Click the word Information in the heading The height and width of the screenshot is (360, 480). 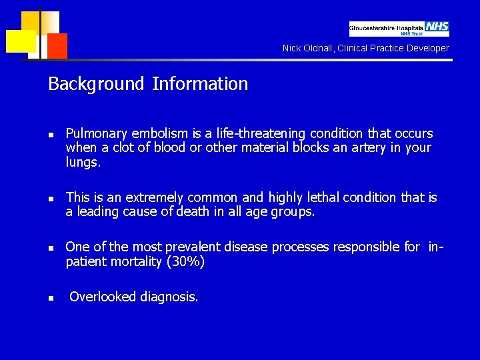200,84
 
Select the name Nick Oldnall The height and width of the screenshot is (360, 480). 307,48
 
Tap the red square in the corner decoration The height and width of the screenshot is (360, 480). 57,45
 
